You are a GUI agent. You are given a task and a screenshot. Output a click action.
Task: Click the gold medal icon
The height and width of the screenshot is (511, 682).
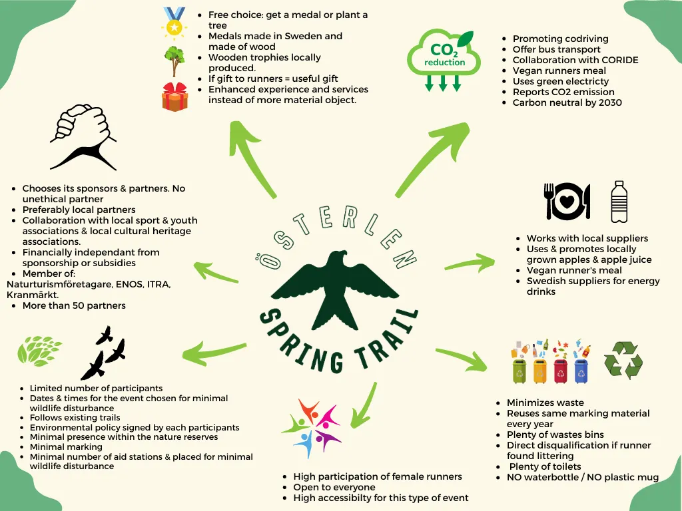pos(174,23)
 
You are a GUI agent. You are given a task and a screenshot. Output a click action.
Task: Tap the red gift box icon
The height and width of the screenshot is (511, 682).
pos(175,96)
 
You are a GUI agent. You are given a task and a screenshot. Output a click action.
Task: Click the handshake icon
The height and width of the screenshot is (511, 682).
pos(83,136)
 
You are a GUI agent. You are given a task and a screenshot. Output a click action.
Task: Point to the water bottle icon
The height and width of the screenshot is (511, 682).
pos(619,202)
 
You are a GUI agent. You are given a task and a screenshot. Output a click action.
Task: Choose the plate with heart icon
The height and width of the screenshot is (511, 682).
pos(567,201)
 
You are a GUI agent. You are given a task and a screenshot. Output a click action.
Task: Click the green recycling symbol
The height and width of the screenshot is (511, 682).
pos(623,360)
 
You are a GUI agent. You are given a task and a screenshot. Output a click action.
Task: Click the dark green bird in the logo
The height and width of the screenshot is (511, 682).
pos(335,287)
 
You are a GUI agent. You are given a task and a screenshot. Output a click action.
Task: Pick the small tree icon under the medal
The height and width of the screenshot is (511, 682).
pos(174,61)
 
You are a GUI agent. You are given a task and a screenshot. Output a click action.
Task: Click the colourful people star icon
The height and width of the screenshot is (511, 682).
pos(312,428)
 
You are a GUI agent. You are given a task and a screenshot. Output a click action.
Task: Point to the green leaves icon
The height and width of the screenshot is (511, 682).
pos(39,351)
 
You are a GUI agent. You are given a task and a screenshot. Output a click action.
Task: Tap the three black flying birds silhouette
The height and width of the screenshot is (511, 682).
pos(103,353)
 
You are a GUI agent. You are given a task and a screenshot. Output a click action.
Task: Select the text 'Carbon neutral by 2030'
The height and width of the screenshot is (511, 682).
pos(567,102)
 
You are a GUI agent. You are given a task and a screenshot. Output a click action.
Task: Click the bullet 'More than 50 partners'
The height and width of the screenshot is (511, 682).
pos(74,305)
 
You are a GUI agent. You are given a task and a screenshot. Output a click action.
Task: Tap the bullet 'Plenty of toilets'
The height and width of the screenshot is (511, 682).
pos(545,466)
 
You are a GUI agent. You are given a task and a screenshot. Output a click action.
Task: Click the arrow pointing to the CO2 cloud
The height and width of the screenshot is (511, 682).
pos(432,159)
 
